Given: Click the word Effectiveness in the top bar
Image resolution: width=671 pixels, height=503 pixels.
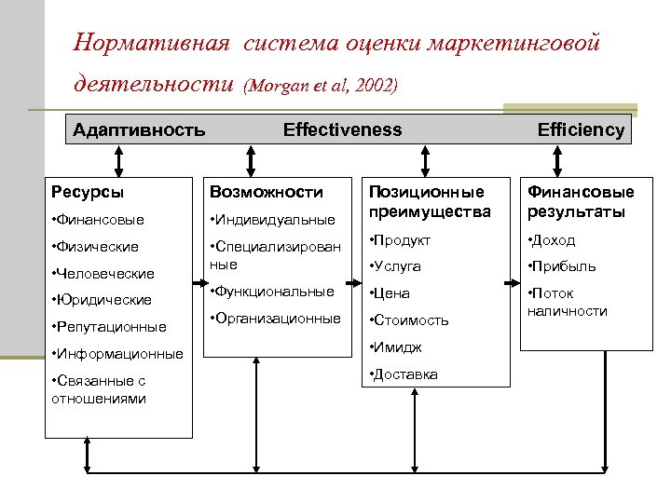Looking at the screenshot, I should (x=342, y=129).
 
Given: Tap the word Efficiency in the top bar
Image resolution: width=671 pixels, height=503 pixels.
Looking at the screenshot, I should (x=581, y=130).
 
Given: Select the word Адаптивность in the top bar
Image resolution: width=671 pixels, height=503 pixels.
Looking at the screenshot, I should (x=139, y=129).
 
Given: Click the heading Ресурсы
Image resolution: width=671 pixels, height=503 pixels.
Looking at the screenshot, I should (x=87, y=192).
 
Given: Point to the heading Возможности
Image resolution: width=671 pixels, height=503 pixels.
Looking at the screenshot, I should (x=267, y=192).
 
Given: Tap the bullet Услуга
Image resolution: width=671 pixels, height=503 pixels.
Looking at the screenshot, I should (x=398, y=266).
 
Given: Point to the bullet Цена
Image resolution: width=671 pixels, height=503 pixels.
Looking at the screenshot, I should (x=392, y=293).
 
